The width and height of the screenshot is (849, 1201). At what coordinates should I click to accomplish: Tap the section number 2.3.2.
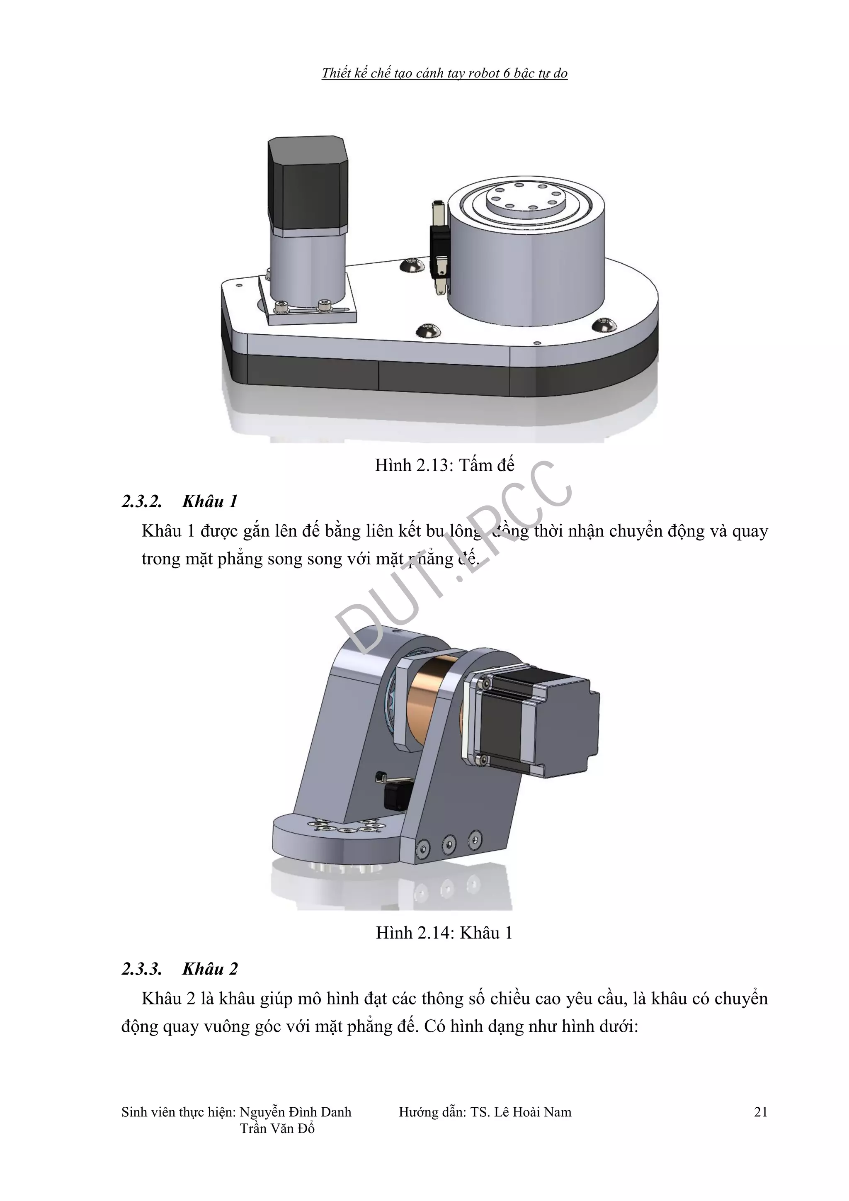[x=142, y=502]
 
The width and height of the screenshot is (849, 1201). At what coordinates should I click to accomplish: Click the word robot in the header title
[x=484, y=73]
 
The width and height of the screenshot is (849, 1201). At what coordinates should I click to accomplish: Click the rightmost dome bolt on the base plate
[x=604, y=324]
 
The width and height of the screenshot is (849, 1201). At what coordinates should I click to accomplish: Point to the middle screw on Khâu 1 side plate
[x=449, y=843]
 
